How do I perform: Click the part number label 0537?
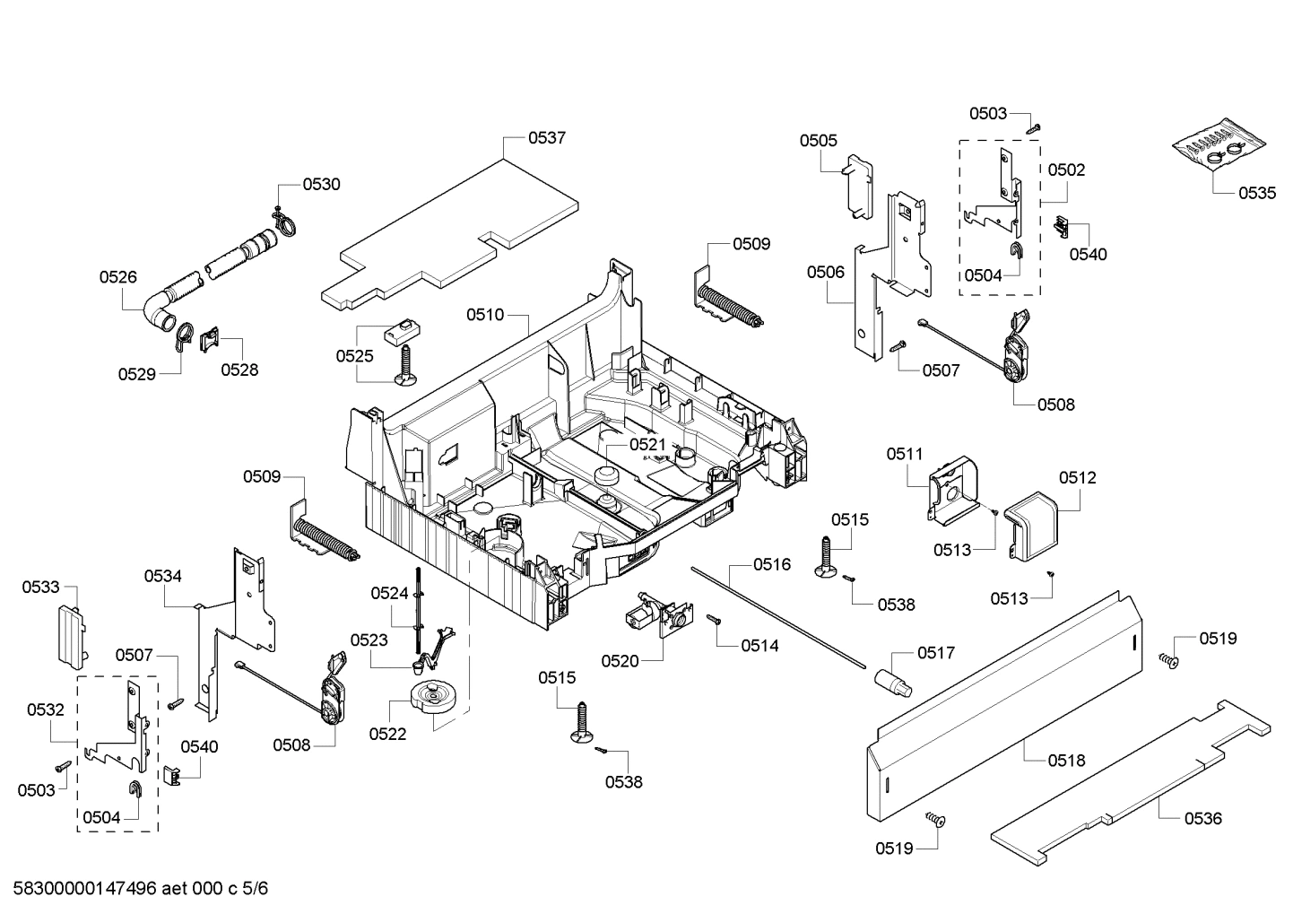[546, 137]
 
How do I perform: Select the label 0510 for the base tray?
[484, 315]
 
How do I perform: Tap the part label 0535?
[1257, 193]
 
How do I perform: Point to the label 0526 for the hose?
[118, 277]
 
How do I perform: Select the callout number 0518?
[1066, 761]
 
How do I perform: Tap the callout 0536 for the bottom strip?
[1202, 818]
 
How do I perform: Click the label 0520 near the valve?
[620, 661]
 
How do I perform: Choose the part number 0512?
[1077, 478]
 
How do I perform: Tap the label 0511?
[905, 455]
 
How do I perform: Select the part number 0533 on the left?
[40, 587]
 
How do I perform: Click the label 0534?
[162, 576]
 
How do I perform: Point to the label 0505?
[819, 140]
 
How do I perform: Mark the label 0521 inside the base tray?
[647, 444]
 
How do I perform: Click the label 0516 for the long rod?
[771, 564]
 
